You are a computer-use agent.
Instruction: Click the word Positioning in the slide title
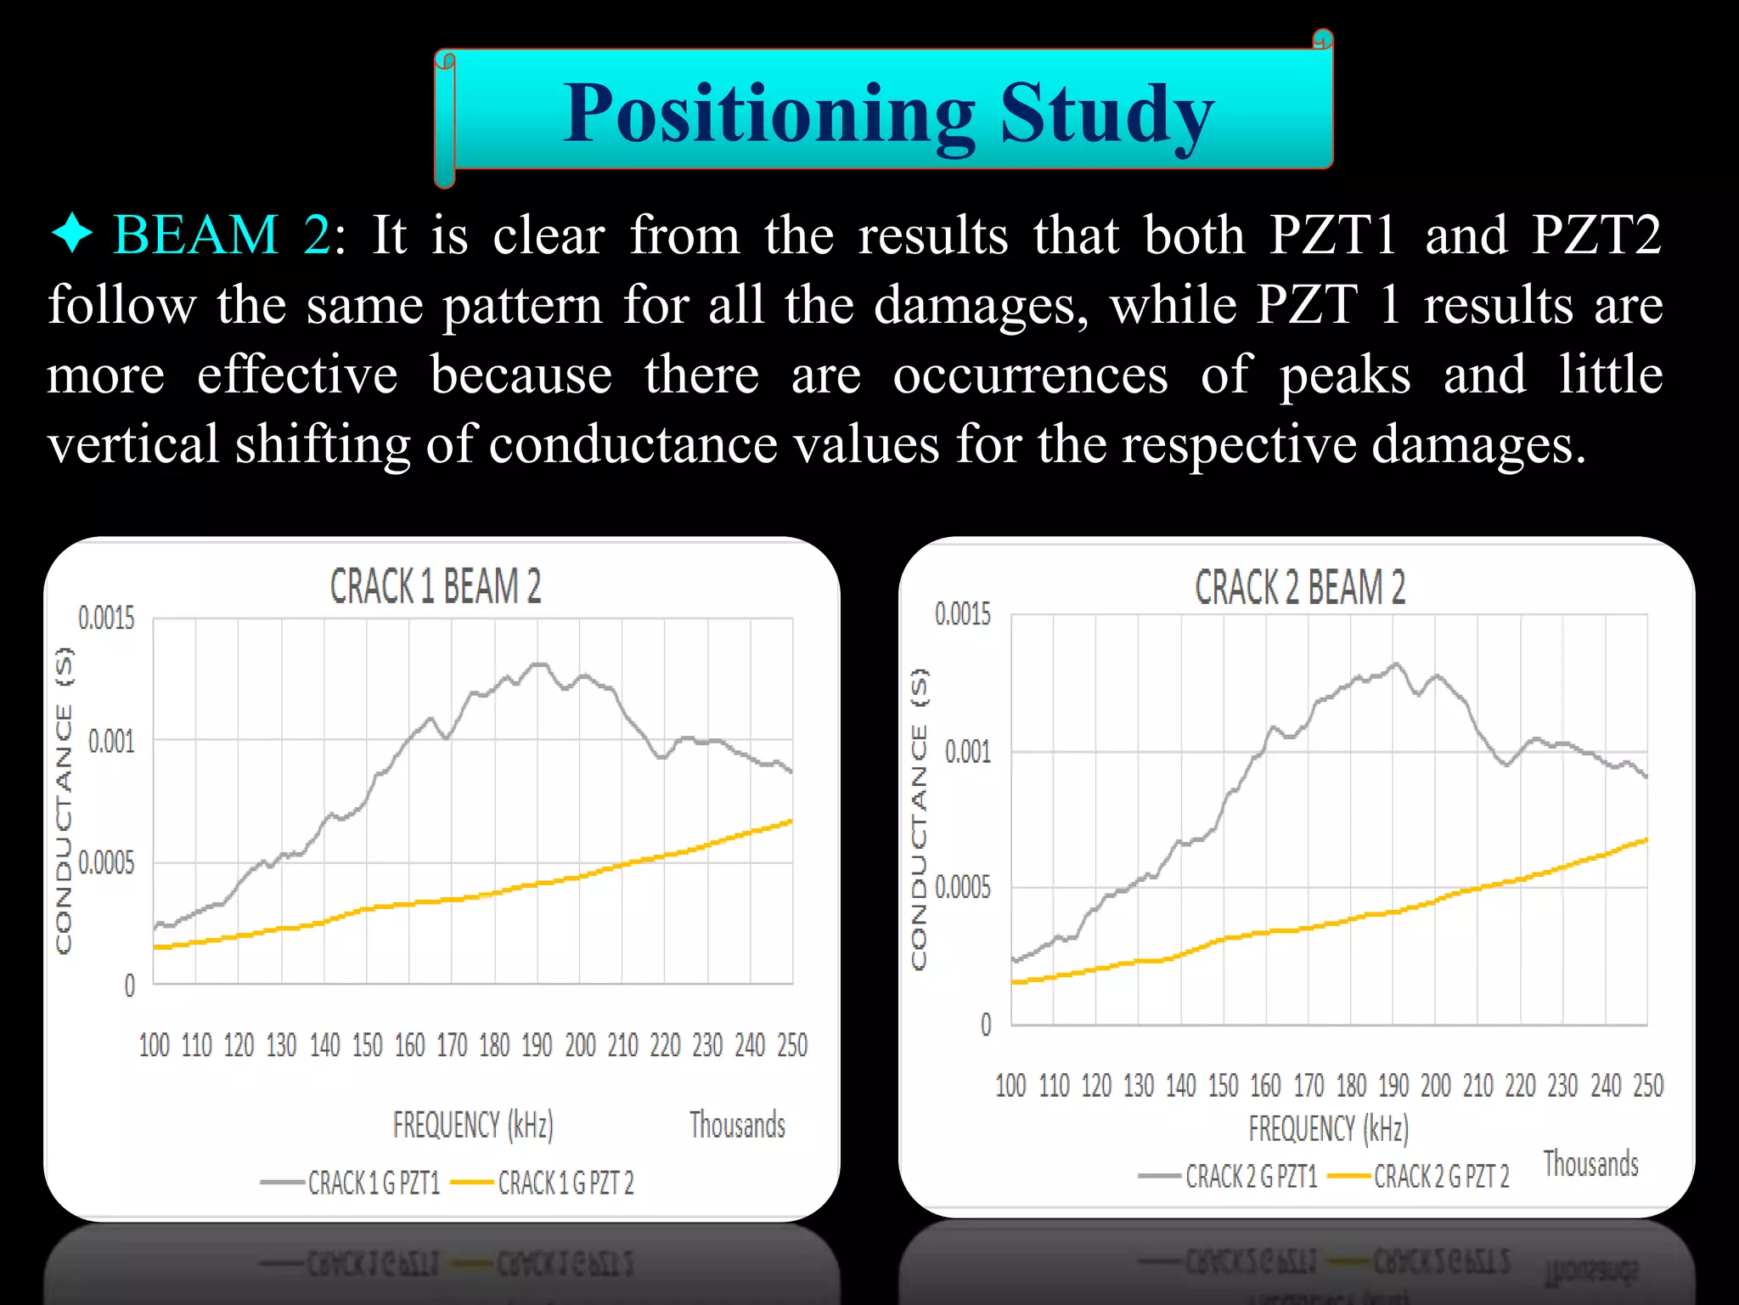click(x=769, y=115)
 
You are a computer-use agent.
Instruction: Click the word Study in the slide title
click(x=1107, y=115)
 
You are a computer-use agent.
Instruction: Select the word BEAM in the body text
click(x=196, y=234)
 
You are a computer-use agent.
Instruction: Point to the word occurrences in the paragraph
click(x=1030, y=375)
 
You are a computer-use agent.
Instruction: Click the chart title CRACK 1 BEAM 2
click(x=435, y=587)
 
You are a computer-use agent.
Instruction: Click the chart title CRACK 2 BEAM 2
click(x=1299, y=587)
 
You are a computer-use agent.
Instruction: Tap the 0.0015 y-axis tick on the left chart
click(x=106, y=619)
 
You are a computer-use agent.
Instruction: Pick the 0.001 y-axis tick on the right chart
click(x=967, y=752)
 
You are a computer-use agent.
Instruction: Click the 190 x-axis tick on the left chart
click(x=537, y=1045)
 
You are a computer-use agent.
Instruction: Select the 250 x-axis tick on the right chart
click(x=1648, y=1086)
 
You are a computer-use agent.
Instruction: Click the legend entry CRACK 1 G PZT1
click(x=374, y=1183)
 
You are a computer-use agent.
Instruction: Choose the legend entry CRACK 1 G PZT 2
click(x=566, y=1183)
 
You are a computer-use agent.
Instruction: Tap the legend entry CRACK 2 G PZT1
click(x=1251, y=1177)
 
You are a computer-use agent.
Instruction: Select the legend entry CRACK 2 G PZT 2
click(x=1441, y=1177)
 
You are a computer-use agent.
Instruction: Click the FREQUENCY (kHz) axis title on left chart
click(x=473, y=1125)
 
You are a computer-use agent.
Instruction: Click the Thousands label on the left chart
click(x=737, y=1125)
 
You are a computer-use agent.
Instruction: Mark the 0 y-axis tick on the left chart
click(x=129, y=986)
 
